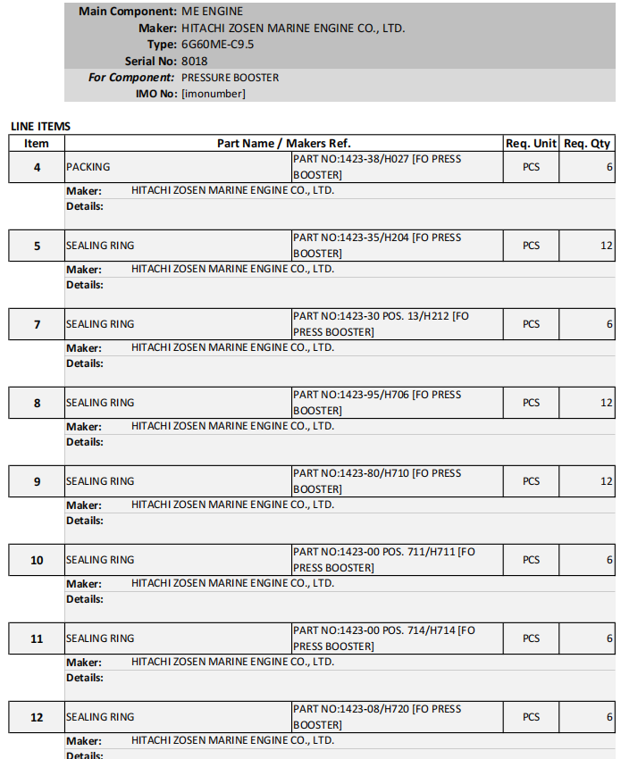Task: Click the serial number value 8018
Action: click(194, 61)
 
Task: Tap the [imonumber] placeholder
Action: click(213, 94)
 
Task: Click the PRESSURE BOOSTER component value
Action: click(230, 78)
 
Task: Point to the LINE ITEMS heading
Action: click(40, 127)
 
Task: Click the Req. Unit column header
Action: click(531, 143)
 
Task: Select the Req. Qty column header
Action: click(587, 143)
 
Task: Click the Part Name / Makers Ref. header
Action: click(284, 143)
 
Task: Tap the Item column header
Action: click(37, 143)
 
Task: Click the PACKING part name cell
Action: click(88, 167)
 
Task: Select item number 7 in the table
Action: click(37, 324)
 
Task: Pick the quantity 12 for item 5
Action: click(607, 246)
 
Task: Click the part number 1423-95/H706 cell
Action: click(377, 403)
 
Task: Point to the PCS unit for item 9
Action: click(532, 481)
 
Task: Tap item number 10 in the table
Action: click(37, 560)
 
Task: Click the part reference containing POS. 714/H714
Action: click(384, 638)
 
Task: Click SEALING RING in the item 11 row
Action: click(100, 638)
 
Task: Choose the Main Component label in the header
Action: click(127, 12)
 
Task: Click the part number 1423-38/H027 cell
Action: click(377, 167)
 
